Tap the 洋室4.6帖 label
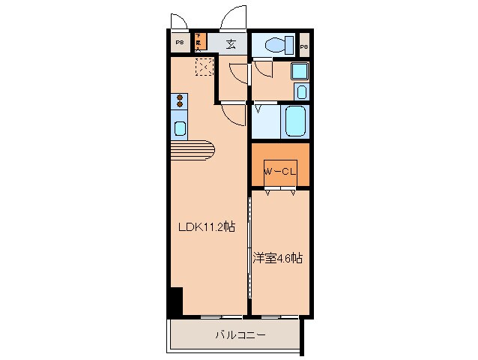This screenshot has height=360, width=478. pyautogui.click(x=277, y=257)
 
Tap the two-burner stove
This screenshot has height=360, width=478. pyautogui.click(x=181, y=100)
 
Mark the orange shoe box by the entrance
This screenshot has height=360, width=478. pyautogui.click(x=199, y=41)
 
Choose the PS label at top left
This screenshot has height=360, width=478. pyautogui.click(x=179, y=43)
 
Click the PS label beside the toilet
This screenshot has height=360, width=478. pyautogui.click(x=303, y=47)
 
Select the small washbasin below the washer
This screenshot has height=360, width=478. pyautogui.click(x=300, y=91)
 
